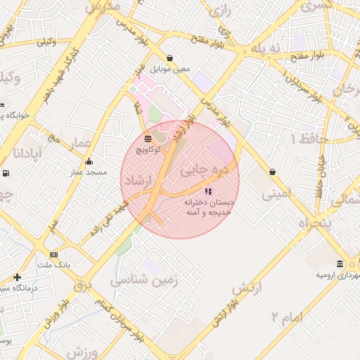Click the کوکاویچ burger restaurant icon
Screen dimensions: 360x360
[x=148, y=139]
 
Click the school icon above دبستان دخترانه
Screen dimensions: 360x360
[x=207, y=191]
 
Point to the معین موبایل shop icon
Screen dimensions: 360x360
[x=169, y=58]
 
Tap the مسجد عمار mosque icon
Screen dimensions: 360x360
[x=89, y=162]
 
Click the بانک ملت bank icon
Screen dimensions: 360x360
[x=54, y=255]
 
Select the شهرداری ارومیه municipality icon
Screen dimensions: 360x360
[x=340, y=264]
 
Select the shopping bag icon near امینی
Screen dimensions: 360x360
[x=272, y=172]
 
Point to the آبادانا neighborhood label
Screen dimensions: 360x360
[x=29, y=153]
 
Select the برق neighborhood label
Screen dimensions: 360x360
[x=83, y=285]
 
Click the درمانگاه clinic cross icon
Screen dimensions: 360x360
[x=17, y=277]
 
